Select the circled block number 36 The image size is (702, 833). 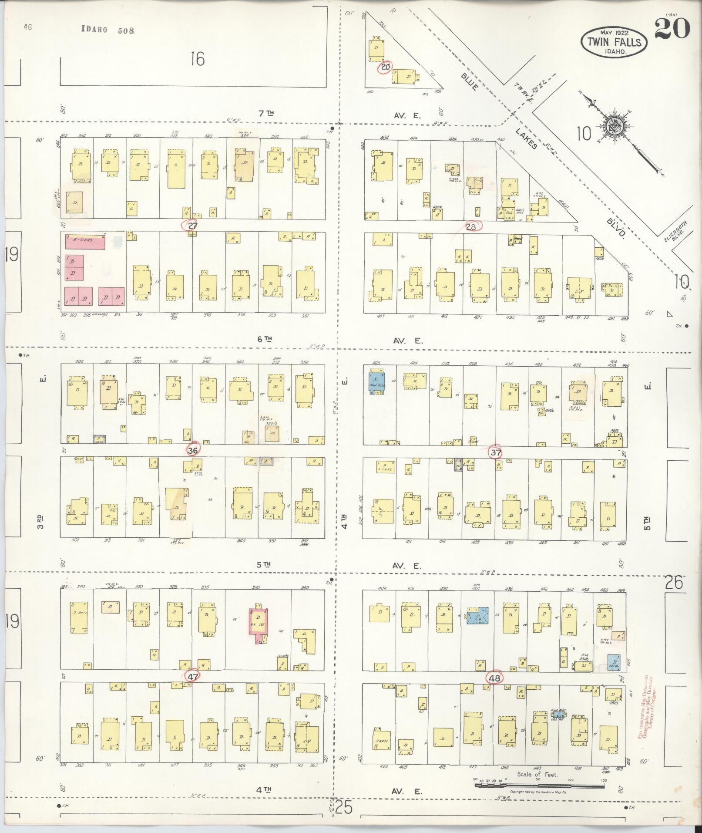(x=193, y=450)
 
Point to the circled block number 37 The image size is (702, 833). (x=496, y=452)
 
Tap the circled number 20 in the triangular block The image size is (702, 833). (x=386, y=67)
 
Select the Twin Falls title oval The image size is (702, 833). (x=614, y=42)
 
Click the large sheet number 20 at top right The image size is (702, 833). (x=672, y=29)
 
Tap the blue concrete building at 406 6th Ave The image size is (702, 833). (x=376, y=382)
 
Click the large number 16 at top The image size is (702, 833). (x=198, y=58)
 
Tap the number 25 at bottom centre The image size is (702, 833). (x=343, y=808)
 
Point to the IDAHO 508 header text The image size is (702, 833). (x=108, y=30)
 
